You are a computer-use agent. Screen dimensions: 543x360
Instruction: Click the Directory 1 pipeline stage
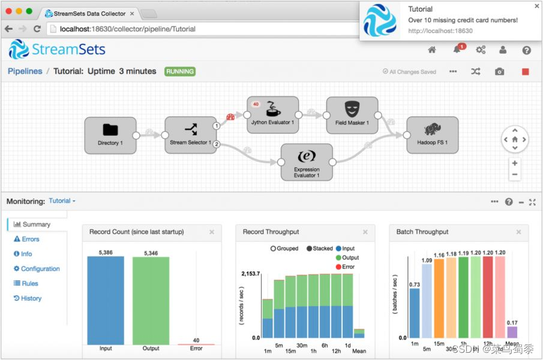[110, 134]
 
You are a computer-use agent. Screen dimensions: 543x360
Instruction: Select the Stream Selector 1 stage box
[190, 134]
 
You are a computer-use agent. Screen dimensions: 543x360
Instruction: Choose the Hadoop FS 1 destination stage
[433, 134]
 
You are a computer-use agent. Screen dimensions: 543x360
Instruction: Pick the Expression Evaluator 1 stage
[307, 161]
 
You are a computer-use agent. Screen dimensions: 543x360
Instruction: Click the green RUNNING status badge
[180, 71]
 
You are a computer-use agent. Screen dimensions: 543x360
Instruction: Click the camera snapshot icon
[499, 71]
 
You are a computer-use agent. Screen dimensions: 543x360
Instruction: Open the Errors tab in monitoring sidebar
[26, 239]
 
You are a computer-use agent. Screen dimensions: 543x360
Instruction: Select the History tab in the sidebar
[28, 298]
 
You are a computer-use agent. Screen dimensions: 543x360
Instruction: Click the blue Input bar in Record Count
[106, 300]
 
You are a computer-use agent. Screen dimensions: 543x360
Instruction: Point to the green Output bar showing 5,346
[151, 300]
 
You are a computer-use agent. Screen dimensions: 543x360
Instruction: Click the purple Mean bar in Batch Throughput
[512, 332]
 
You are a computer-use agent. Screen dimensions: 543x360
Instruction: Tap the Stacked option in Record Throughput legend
[319, 248]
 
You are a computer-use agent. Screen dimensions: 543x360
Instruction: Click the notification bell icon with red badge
[457, 50]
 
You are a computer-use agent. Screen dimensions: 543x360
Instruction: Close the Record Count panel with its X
[212, 232]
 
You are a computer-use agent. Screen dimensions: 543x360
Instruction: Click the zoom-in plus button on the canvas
[515, 163]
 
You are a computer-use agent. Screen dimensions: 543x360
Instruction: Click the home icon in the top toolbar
[432, 50]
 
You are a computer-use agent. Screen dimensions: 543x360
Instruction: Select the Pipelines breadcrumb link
[25, 71]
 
